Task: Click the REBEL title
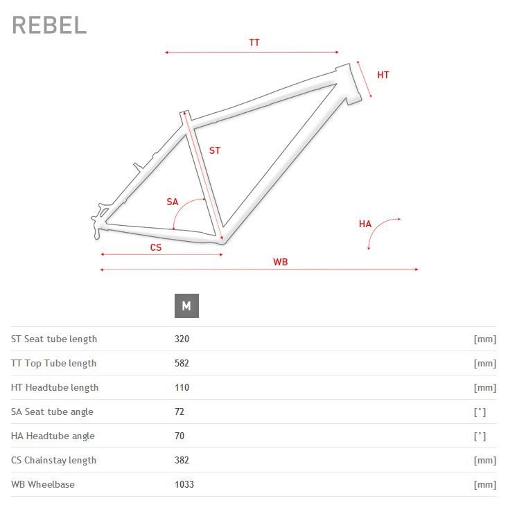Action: tap(49, 25)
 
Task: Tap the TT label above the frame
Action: tap(254, 42)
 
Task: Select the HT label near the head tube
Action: tap(383, 75)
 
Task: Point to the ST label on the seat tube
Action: tap(215, 150)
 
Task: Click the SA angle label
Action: tap(173, 202)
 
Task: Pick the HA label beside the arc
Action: tap(365, 224)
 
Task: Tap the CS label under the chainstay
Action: tap(156, 247)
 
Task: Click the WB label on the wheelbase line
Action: tap(280, 262)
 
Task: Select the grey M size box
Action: tap(186, 305)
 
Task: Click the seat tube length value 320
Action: tap(182, 339)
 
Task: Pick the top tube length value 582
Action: tap(182, 363)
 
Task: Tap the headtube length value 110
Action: tap(182, 387)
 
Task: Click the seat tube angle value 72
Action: tap(179, 411)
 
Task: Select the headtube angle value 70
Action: tap(179, 436)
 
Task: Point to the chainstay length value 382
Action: tap(182, 460)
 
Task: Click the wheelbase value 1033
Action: tap(184, 484)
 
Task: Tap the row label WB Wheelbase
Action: tap(43, 484)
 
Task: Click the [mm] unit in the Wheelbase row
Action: tap(485, 485)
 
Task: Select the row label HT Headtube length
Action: tap(55, 388)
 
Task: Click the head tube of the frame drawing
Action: tap(349, 85)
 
